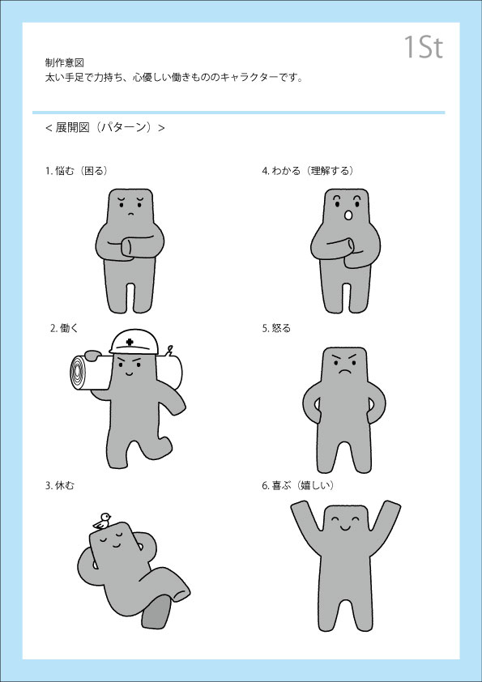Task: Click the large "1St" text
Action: (x=424, y=47)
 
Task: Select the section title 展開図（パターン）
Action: (x=105, y=127)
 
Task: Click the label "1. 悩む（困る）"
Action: (x=77, y=171)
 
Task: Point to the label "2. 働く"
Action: (x=63, y=328)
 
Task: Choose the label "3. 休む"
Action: (x=60, y=485)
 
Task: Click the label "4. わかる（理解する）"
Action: (x=308, y=171)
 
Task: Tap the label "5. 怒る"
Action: (x=276, y=328)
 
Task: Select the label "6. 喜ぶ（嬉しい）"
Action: (x=298, y=485)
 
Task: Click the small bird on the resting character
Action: (x=102, y=521)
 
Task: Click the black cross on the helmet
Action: (x=130, y=343)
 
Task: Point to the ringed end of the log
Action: (x=79, y=373)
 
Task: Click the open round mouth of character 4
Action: (x=348, y=215)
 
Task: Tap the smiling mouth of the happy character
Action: (x=344, y=528)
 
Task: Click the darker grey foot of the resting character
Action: (x=156, y=613)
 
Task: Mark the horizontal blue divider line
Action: (x=238, y=113)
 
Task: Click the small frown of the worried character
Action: (x=130, y=213)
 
